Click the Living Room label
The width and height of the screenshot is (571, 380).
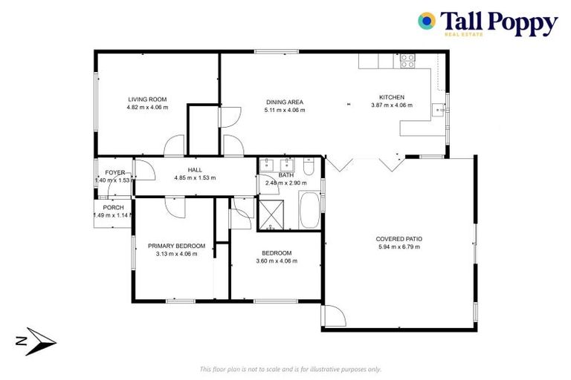pos(147,99)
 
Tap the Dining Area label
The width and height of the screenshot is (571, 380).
pos(285,102)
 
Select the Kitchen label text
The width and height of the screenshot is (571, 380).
pos(392,97)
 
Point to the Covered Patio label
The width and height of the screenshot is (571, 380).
pos(399,239)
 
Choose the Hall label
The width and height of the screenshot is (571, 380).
pos(195,170)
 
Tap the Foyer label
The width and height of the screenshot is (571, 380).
pos(114,172)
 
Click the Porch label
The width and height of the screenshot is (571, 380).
pos(113,208)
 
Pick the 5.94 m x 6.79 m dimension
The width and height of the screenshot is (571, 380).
pos(399,247)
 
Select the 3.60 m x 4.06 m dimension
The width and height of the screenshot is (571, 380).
pos(274,261)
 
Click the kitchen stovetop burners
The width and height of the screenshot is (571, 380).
pos(407,61)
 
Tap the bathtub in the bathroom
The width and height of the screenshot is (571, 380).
pos(309,211)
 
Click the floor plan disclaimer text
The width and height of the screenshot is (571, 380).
pos(291,369)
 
